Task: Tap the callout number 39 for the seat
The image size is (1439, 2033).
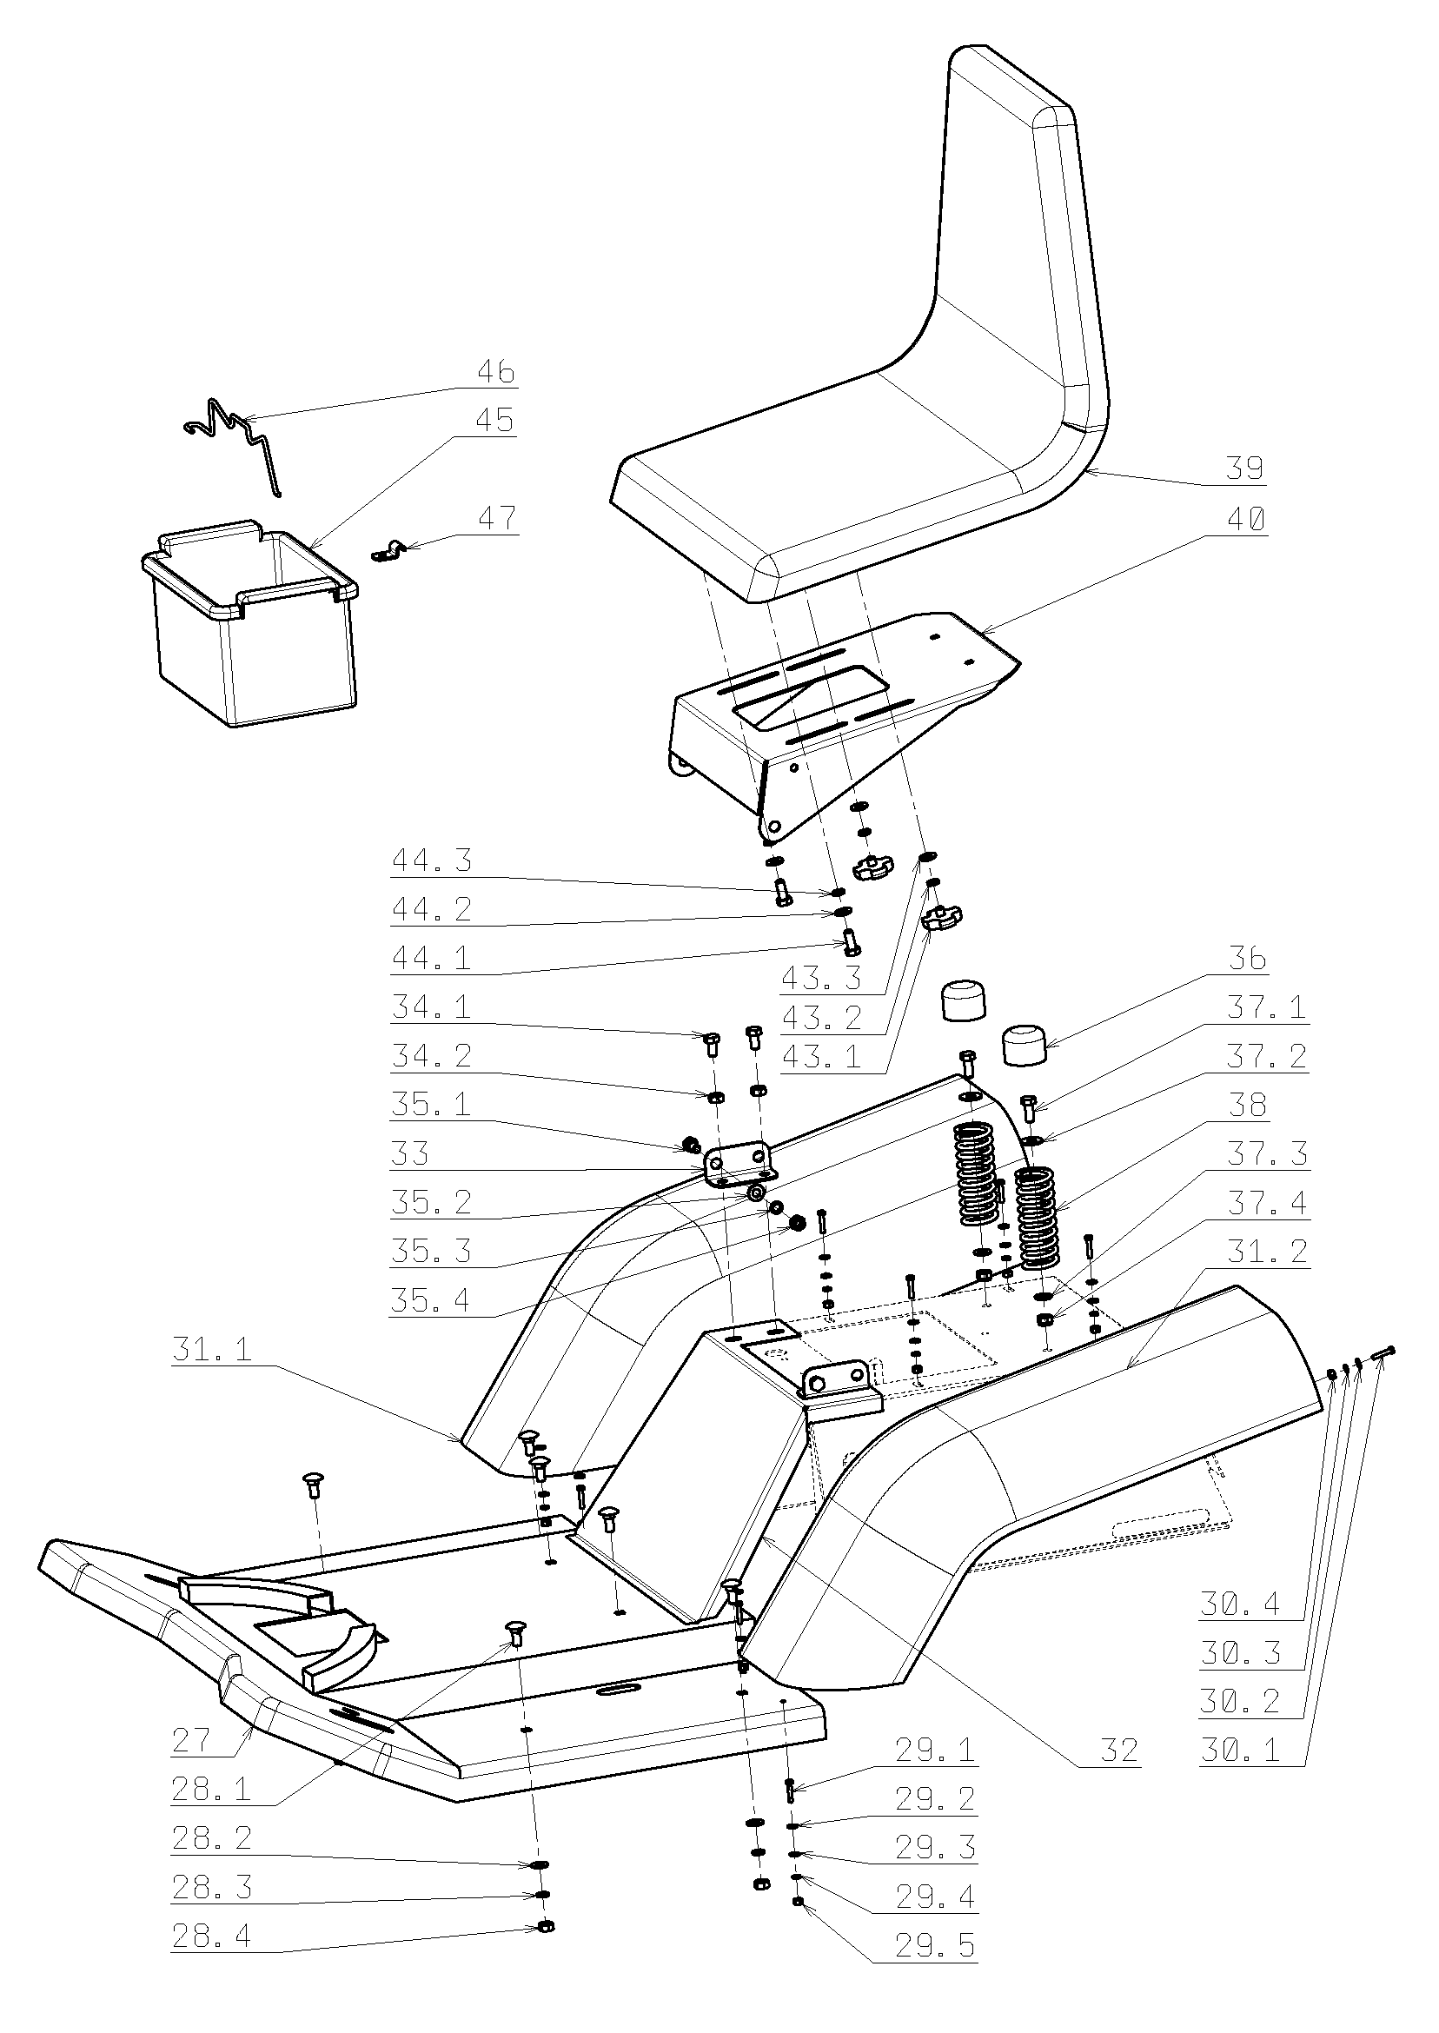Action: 1244,468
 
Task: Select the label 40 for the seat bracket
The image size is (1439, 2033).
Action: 1244,518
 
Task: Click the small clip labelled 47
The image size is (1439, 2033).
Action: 387,552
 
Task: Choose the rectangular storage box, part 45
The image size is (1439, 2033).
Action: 250,628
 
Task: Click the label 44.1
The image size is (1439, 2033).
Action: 432,958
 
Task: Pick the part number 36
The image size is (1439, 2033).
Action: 1247,959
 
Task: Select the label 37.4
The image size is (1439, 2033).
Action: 1267,1204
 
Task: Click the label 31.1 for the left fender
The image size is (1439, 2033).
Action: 212,1350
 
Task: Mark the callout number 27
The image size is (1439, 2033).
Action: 191,1741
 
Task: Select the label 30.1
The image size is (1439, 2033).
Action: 1241,1751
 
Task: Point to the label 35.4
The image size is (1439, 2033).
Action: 432,1301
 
